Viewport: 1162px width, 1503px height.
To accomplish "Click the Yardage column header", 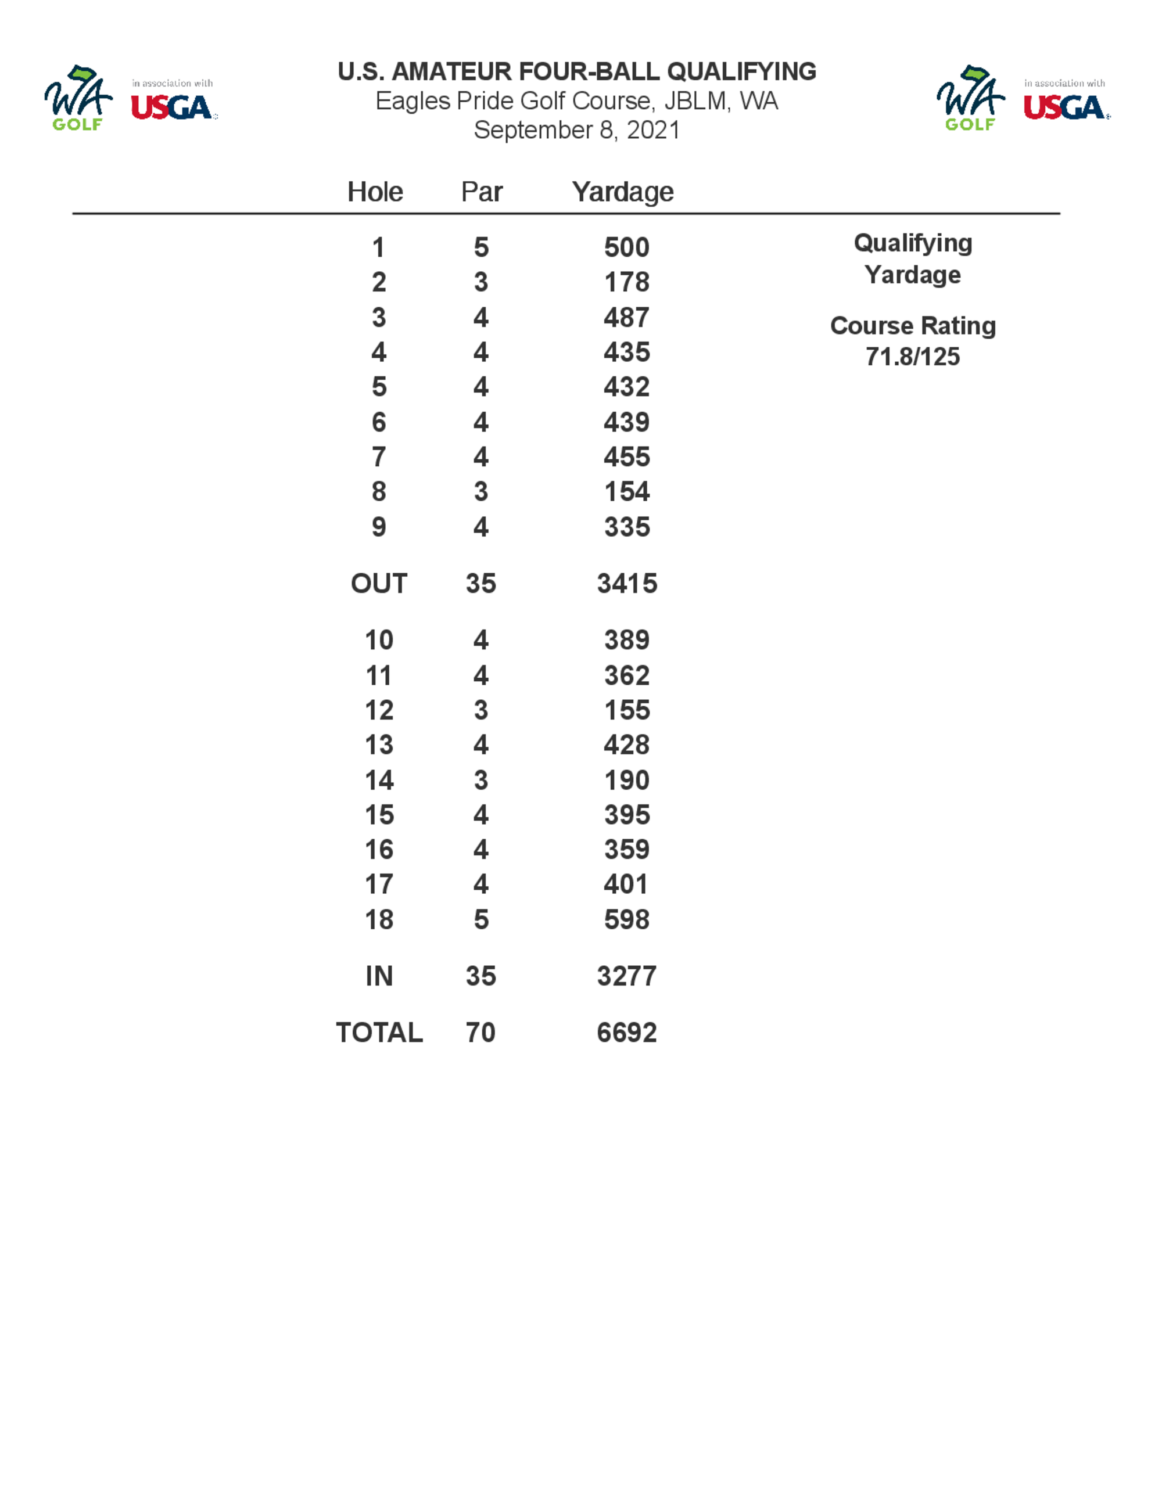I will point(622,192).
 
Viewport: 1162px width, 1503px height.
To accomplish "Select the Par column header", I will point(481,192).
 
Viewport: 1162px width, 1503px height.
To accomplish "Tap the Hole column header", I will point(375,192).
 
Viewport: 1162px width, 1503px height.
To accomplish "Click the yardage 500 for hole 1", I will point(626,247).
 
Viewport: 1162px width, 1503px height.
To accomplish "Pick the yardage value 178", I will point(626,282).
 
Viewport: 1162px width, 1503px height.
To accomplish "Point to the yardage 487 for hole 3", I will point(626,317).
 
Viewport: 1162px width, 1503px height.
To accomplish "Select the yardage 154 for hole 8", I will point(626,491).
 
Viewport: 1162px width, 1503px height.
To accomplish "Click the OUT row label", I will point(379,584).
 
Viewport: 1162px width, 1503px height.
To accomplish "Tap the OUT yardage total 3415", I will point(626,584).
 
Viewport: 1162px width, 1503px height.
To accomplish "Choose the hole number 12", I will point(379,710).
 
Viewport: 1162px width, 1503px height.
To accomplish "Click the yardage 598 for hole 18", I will point(626,919).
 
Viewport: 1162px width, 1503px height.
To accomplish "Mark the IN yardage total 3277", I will point(626,976).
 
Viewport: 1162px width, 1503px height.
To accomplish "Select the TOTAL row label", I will point(379,1032).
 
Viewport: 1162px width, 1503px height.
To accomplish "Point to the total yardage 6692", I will point(626,1032).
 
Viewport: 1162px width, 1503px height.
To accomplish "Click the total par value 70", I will point(480,1032).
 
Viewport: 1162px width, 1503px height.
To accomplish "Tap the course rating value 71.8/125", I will point(912,357).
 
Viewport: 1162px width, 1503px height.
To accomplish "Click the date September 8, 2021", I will point(577,130).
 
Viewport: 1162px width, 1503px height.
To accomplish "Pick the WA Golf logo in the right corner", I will point(970,98).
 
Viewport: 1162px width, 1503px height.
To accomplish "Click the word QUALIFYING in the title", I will point(741,71).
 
